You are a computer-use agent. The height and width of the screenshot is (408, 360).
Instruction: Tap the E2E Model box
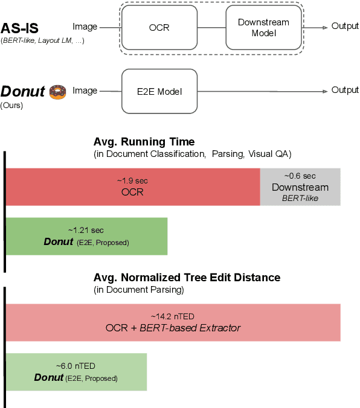160,91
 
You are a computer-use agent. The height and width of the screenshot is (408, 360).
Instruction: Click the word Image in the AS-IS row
85,27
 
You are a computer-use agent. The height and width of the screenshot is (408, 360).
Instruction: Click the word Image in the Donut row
85,91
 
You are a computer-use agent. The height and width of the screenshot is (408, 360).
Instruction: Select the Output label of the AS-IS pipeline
345,27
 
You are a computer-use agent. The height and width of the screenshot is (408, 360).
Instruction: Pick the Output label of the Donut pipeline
345,90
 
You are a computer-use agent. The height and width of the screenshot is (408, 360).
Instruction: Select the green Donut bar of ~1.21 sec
86,236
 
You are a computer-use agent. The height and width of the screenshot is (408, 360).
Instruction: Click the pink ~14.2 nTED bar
173,322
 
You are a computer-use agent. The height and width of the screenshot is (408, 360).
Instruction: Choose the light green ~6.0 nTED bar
76,372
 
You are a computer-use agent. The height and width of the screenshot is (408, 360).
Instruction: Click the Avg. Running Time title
144,142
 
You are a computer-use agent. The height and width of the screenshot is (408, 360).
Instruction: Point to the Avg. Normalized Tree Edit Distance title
187,278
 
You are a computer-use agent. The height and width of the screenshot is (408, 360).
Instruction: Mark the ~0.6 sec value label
300,176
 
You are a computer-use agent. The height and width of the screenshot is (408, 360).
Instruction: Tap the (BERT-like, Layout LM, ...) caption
42,40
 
